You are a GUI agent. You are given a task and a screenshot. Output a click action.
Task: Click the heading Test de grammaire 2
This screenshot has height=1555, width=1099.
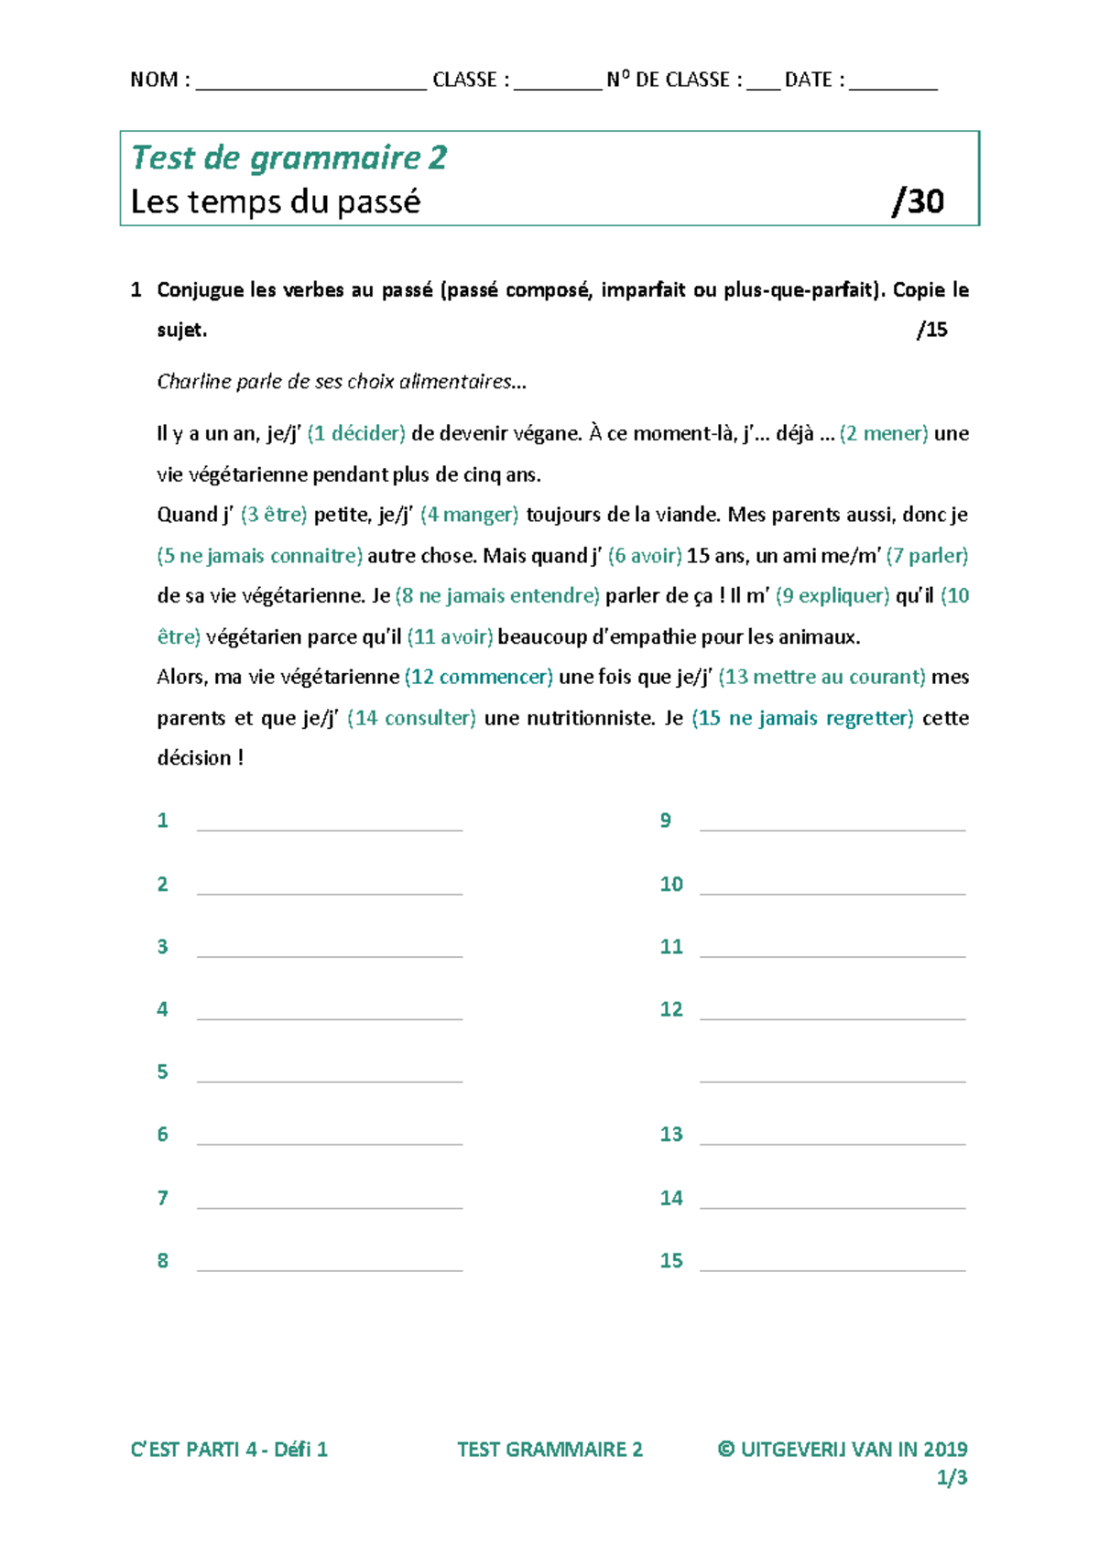pyautogui.click(x=288, y=158)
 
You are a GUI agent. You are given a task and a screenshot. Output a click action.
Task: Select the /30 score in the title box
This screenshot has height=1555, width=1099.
pyautogui.click(x=918, y=201)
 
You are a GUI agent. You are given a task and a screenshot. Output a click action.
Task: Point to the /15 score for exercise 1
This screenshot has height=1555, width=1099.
pyautogui.click(x=931, y=330)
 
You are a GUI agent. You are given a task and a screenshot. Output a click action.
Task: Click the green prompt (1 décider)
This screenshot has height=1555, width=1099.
pyautogui.click(x=356, y=433)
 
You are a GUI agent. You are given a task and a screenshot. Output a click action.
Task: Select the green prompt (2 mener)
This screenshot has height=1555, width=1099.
pyautogui.click(x=883, y=433)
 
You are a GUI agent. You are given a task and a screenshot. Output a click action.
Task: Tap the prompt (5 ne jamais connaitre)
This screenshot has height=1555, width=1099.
pyautogui.click(x=260, y=556)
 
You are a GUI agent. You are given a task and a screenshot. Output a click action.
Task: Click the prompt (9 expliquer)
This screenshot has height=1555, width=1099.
pyautogui.click(x=832, y=596)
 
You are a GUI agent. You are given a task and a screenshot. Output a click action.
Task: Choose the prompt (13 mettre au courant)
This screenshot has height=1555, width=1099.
pyautogui.click(x=822, y=677)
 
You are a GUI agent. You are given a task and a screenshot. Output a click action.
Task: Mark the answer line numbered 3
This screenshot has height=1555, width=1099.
pyautogui.click(x=330, y=952)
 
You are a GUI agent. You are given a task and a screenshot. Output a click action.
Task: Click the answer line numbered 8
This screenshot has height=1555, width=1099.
pyautogui.click(x=330, y=1267)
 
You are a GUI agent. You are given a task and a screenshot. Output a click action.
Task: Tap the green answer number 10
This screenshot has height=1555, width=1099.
pyautogui.click(x=671, y=885)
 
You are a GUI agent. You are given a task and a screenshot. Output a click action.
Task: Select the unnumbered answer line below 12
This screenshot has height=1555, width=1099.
pyautogui.click(x=832, y=1078)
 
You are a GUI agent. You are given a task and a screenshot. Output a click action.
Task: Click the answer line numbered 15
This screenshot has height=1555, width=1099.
pyautogui.click(x=832, y=1267)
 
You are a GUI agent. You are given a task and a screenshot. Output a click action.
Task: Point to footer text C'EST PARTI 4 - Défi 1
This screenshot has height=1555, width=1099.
pyautogui.click(x=229, y=1450)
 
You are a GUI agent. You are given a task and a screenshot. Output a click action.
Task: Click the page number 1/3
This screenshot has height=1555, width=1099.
pyautogui.click(x=952, y=1477)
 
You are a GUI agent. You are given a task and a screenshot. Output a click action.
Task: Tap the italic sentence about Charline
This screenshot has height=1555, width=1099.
pyautogui.click(x=342, y=382)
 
